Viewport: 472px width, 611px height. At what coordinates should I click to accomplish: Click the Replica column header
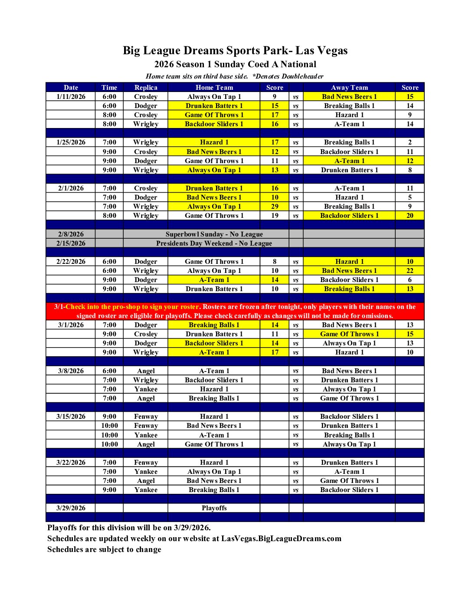point(146,87)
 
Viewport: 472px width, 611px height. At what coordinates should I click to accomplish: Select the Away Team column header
point(349,87)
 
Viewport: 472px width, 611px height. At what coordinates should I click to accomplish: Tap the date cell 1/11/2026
point(71,97)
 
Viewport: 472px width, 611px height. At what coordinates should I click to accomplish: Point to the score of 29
point(275,207)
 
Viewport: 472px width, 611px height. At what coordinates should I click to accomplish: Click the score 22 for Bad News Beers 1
point(410,271)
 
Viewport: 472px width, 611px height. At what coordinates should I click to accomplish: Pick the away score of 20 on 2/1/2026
point(410,216)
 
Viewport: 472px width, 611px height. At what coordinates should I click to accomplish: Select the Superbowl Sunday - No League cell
point(214,234)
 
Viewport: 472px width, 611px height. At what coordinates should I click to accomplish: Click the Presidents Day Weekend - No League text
point(214,243)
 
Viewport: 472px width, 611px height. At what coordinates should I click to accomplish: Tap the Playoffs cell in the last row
point(214,508)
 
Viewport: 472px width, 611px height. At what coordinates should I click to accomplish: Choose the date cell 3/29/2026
point(71,508)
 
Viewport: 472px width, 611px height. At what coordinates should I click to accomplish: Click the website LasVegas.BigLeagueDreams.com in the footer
point(281,539)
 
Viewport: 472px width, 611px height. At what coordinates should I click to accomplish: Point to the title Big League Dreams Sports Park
point(235,51)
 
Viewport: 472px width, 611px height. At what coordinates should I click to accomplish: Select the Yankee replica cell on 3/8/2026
point(146,389)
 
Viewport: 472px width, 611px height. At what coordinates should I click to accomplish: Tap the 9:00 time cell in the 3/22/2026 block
point(109,490)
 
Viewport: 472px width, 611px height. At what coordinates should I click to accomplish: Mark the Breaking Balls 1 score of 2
point(410,142)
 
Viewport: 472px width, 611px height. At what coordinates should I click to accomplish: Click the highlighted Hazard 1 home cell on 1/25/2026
point(214,142)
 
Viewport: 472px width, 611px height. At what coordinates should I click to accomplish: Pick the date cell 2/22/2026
point(71,262)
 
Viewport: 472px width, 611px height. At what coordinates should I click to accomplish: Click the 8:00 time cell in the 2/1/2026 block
point(109,216)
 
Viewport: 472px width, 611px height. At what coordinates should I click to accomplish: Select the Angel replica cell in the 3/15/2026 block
point(146,444)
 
